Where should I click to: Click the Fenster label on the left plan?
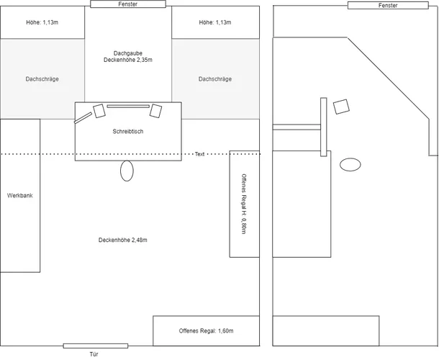[128, 4]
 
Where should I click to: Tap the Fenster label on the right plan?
[387, 5]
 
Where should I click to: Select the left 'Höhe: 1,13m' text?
[42, 22]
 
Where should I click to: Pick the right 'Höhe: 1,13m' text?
[215, 22]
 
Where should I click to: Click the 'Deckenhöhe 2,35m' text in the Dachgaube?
[128, 60]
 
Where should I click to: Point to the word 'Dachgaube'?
[128, 53]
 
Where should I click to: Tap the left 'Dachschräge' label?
[42, 78]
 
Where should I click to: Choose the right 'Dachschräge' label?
[215, 78]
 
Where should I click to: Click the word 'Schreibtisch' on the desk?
[128, 132]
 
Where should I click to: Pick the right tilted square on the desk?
[155, 111]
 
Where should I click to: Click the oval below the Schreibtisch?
[127, 171]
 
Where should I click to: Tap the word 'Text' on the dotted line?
[199, 154]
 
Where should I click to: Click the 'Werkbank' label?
[19, 195]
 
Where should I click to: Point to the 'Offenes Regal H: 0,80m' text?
[244, 204]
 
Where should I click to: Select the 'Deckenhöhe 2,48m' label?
[128, 240]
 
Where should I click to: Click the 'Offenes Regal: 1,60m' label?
[207, 331]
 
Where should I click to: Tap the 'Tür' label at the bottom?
[94, 354]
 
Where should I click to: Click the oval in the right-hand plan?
[350, 164]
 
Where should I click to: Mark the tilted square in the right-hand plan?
[342, 106]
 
